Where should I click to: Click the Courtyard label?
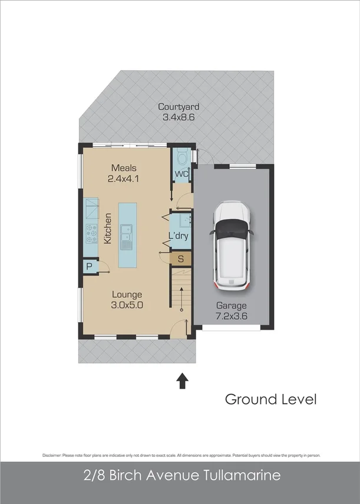(179, 107)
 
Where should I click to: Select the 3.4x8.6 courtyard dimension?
(179, 117)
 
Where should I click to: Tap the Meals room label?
(124, 168)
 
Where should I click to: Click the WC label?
(181, 174)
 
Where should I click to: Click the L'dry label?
(178, 236)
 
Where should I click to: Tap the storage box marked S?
(181, 258)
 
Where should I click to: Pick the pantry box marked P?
(90, 266)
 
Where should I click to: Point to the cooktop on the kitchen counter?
(91, 234)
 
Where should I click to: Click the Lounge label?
(127, 294)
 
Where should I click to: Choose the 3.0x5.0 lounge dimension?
(127, 305)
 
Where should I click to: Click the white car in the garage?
(232, 246)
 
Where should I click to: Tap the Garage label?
(232, 306)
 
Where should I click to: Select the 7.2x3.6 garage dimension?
(232, 317)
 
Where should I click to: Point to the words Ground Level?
(270, 399)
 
